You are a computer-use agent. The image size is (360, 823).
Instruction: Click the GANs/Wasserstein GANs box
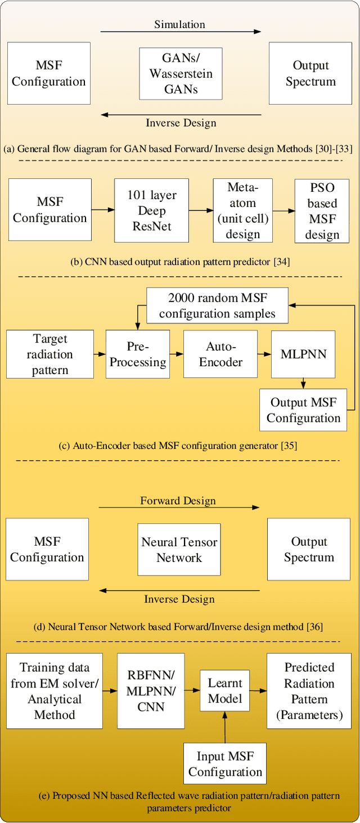[181, 73]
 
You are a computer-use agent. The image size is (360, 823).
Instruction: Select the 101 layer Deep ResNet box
[151, 211]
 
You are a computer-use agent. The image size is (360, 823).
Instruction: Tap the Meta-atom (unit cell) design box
[242, 210]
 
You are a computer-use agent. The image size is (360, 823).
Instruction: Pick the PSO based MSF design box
[322, 211]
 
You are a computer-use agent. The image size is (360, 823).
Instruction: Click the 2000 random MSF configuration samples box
[217, 305]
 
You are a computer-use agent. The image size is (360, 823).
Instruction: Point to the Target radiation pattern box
[49, 354]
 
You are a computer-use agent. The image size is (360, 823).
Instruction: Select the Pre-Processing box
[138, 354]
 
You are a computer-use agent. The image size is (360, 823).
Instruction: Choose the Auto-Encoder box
[220, 354]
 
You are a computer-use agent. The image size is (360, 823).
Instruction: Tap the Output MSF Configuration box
[303, 410]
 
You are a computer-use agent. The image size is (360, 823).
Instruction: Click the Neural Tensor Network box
[179, 550]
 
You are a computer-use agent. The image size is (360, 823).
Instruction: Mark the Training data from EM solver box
[54, 691]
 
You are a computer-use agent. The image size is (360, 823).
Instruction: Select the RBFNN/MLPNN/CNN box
[150, 691]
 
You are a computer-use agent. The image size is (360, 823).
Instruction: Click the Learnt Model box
[225, 691]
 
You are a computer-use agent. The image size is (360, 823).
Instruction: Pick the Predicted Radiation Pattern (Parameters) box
[309, 691]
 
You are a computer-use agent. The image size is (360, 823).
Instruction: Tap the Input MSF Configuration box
[225, 764]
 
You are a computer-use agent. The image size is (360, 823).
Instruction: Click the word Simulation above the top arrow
[179, 24]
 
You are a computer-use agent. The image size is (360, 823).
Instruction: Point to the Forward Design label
[178, 500]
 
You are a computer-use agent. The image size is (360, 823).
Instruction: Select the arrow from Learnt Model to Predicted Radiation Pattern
[258, 690]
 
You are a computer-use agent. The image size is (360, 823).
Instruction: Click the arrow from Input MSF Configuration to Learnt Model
[225, 727]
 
